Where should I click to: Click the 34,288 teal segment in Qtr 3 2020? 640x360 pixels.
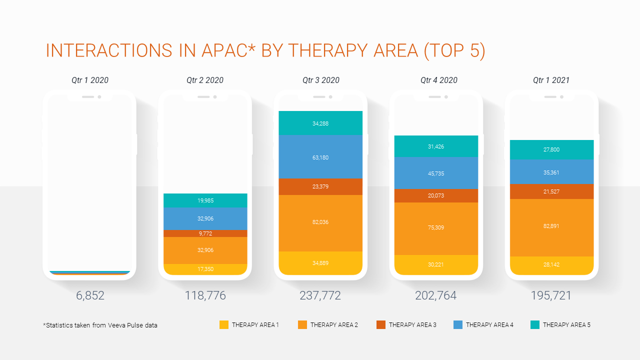(320, 123)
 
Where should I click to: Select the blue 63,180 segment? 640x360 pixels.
(320, 157)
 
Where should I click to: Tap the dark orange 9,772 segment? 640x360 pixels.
(205, 233)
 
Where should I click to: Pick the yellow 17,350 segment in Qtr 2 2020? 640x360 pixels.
(205, 269)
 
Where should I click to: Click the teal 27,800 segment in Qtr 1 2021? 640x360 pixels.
(551, 149)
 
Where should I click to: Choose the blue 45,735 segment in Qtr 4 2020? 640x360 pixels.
(436, 173)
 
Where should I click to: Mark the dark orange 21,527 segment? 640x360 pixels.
(551, 191)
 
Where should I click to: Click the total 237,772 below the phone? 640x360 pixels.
(320, 295)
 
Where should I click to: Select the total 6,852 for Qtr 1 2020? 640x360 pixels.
(90, 295)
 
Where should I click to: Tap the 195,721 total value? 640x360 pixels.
(551, 295)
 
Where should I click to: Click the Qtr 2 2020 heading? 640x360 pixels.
(205, 80)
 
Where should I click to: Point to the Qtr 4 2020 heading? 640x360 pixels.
(439, 80)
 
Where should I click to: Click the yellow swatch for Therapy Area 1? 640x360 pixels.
(224, 325)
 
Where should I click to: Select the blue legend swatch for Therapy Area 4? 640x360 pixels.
(458, 325)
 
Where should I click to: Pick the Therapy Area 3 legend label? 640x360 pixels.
(412, 325)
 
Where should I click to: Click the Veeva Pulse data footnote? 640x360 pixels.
(100, 325)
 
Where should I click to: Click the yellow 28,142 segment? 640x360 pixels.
(551, 265)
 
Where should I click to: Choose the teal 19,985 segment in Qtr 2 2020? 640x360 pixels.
(205, 200)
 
